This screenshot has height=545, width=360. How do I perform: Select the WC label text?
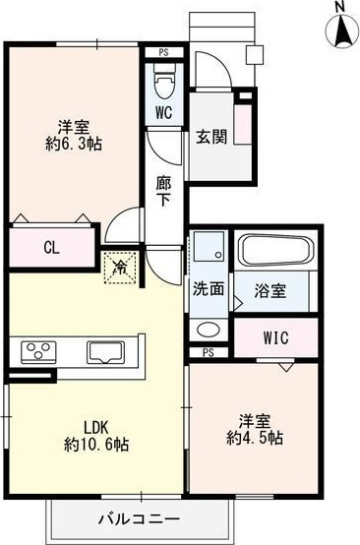coord(164,112)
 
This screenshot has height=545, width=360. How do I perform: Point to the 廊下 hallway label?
coord(164,190)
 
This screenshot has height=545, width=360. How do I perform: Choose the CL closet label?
coord(51,248)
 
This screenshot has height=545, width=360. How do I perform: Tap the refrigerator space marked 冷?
coord(119,266)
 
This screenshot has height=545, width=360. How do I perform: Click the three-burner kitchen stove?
coord(38,351)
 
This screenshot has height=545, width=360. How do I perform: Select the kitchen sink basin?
coord(105,351)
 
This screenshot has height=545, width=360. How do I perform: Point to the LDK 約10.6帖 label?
coord(95,436)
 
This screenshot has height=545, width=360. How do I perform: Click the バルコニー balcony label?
coord(137,518)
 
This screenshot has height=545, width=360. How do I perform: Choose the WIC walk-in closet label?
coord(275,337)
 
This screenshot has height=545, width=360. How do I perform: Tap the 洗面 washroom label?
coord(208,291)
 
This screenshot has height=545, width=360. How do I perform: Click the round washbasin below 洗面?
coord(208,330)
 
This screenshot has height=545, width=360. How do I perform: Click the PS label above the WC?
coord(163,54)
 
